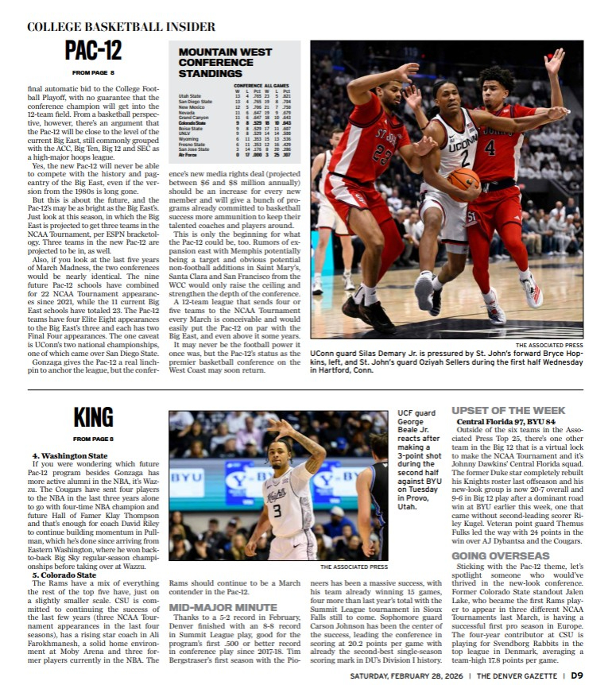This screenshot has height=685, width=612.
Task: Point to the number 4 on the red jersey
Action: [x=490, y=147]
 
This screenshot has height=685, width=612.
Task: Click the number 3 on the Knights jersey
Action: [x=278, y=509]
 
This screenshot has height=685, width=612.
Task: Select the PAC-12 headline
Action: [x=93, y=50]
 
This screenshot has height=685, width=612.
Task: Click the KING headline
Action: [x=93, y=416]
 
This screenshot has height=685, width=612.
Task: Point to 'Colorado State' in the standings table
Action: [x=195, y=123]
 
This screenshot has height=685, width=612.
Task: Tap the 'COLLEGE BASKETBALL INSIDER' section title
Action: [x=121, y=26]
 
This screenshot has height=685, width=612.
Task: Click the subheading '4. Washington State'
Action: [x=70, y=455]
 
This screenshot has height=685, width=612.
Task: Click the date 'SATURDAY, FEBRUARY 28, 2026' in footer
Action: [x=408, y=676]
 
